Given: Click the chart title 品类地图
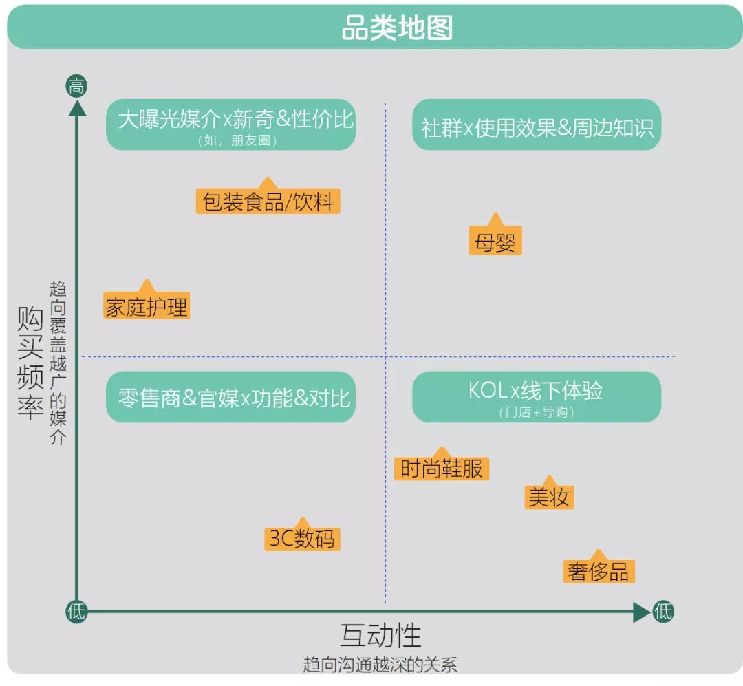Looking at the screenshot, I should [397, 29].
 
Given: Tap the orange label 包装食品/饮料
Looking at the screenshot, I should [268, 202].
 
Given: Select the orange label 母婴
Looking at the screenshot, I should [495, 243].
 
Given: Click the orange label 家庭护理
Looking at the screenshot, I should [147, 307].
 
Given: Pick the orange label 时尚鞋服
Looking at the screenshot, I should [442, 469].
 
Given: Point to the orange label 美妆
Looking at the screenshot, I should [548, 497].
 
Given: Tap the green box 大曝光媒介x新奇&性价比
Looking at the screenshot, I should [231, 124].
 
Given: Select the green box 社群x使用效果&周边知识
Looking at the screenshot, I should [537, 125].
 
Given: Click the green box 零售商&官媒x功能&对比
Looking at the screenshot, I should [231, 397].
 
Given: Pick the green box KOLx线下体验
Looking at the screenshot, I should [537, 396].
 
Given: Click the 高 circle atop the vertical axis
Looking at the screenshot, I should [76, 87].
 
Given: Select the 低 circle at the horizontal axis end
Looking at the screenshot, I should [663, 612].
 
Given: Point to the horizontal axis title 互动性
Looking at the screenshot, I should [380, 636].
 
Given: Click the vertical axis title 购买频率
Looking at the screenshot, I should [31, 365].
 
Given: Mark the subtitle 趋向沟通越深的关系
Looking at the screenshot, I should [380, 665].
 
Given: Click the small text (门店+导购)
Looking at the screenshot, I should [537, 413].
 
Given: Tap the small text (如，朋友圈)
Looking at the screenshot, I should [231, 141].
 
